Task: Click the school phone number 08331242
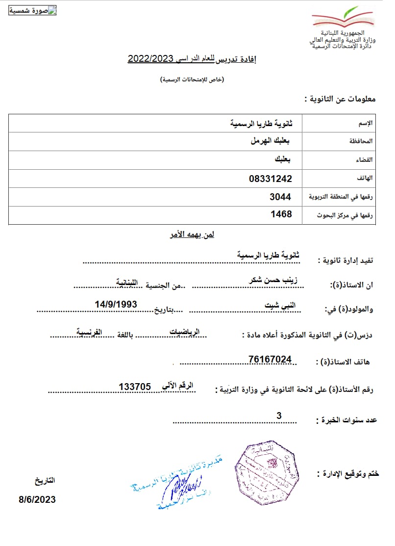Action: pos(270,179)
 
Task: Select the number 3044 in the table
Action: pos(280,197)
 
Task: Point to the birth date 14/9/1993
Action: pos(116,305)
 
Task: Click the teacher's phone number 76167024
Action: pos(270,360)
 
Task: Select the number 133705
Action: pos(134,387)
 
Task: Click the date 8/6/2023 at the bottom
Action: pos(37,500)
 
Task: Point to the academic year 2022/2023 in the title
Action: pos(151,59)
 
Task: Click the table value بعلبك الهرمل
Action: pos(270,141)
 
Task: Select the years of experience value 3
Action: pos(279,416)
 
